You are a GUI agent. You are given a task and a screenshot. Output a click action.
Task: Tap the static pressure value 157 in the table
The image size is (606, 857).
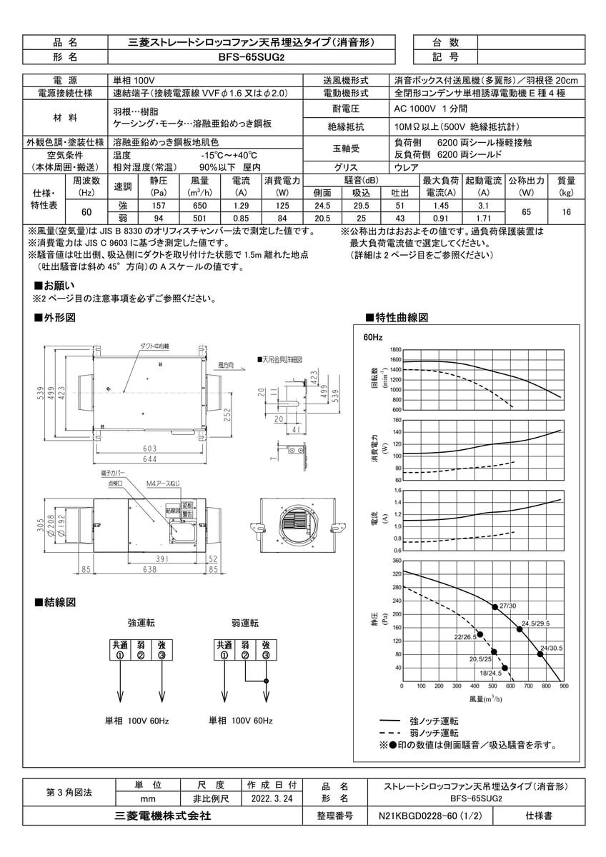click(159, 205)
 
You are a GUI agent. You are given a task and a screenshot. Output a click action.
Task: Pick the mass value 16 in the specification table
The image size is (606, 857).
click(567, 212)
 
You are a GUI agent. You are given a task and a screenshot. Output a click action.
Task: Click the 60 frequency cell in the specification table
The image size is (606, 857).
click(86, 212)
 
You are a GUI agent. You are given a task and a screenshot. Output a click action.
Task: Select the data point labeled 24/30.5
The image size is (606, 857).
click(540, 653)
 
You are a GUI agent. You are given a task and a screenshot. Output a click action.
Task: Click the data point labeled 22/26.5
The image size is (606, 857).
click(480, 634)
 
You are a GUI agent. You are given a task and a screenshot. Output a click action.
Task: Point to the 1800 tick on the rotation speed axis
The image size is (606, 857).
click(396, 350)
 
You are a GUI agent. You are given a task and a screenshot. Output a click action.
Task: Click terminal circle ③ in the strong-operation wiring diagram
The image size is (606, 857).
click(162, 656)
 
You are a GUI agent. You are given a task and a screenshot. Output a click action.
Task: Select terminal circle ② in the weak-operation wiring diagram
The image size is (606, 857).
click(245, 656)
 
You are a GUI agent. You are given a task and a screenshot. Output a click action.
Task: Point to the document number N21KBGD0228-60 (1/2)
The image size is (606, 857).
click(434, 815)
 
